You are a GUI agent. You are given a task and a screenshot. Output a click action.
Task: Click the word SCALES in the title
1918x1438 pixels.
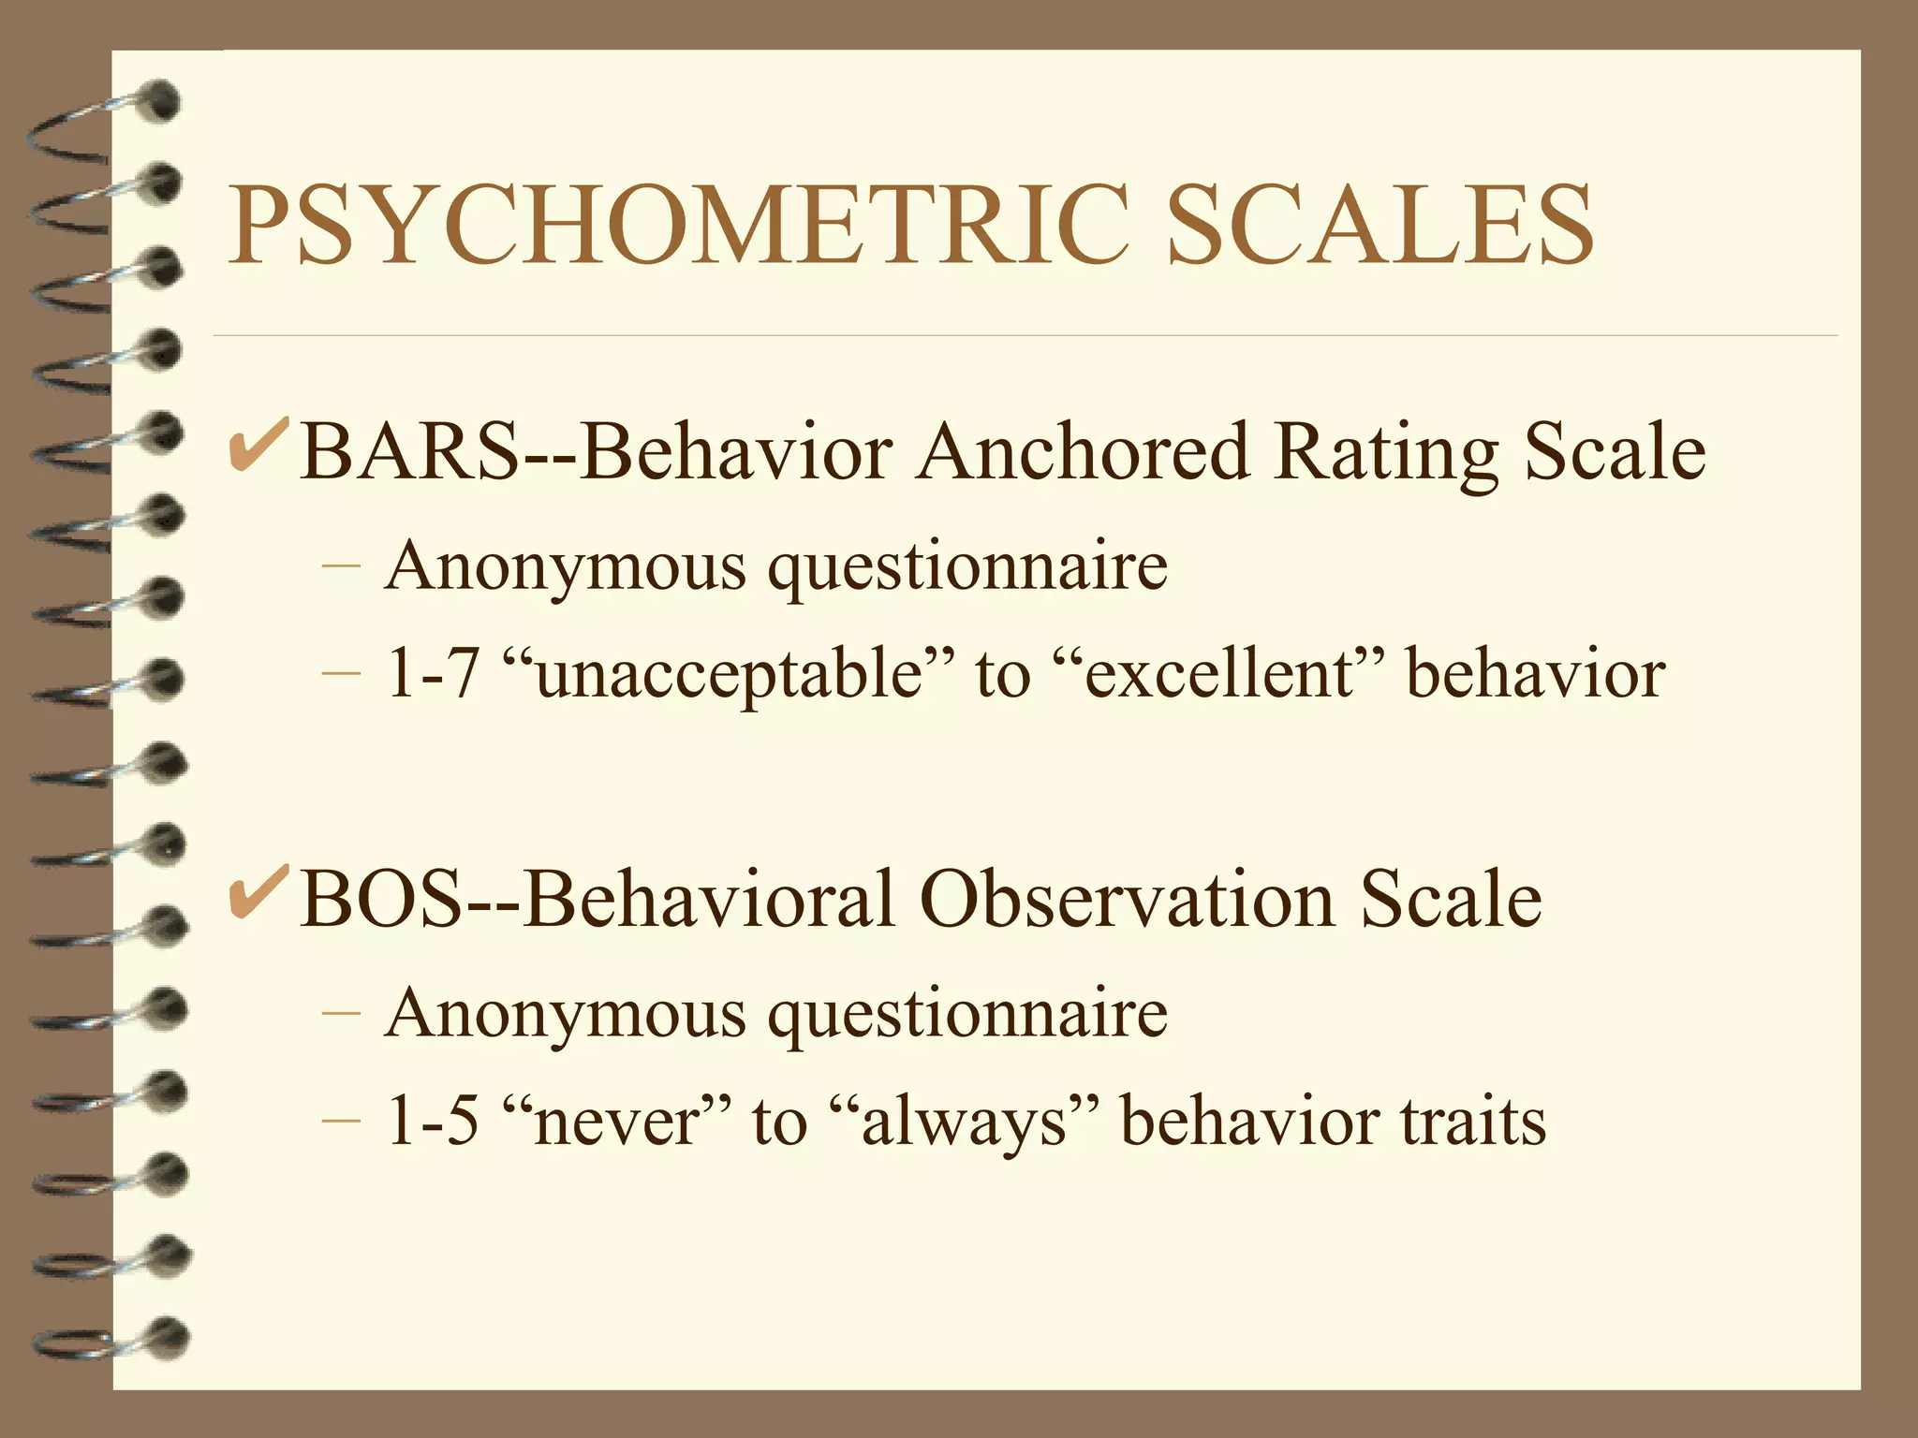(x=1379, y=226)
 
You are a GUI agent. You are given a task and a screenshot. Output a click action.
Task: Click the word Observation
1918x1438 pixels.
(x=1129, y=900)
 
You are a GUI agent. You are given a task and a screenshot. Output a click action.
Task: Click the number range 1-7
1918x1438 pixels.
(x=432, y=674)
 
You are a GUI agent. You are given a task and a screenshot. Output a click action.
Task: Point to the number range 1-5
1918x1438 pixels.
(x=432, y=1122)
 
